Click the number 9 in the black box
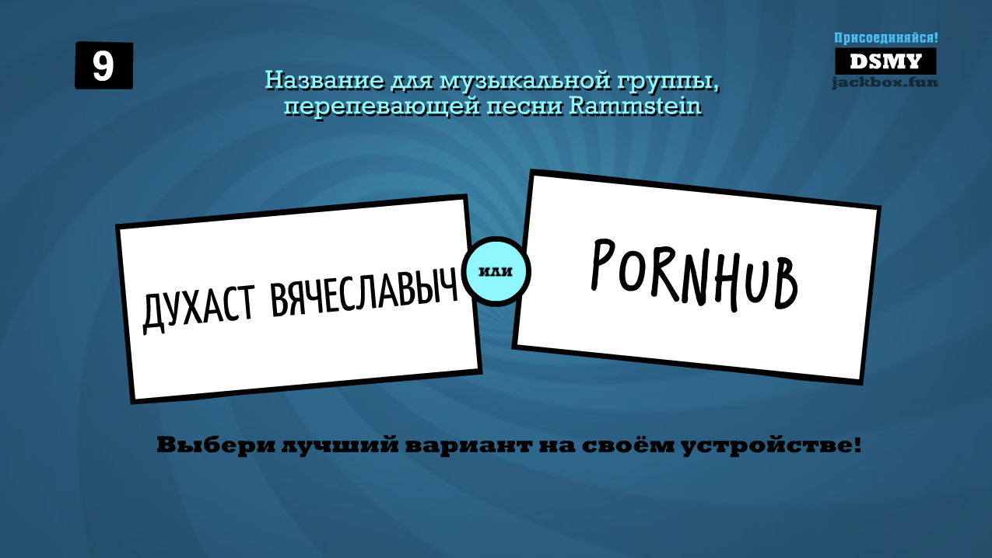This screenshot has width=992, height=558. pos(103,66)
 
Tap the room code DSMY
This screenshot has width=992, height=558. pos(885,61)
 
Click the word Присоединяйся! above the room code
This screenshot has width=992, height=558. pos(885,38)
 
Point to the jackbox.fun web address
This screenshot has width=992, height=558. pos(885,82)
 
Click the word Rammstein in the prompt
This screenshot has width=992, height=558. pos(636,106)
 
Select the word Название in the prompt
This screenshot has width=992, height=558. pos(324,81)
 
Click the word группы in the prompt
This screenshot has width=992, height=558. pos(664,82)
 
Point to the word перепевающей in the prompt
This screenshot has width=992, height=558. pos(382,107)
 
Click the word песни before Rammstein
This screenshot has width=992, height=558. pos(524,106)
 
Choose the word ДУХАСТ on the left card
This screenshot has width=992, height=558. pos(198,309)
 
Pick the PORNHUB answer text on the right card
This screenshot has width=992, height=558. pos(694,275)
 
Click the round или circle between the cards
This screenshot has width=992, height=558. pos(496,271)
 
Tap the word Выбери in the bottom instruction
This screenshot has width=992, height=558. pos(216,445)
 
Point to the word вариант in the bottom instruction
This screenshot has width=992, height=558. pos(468,446)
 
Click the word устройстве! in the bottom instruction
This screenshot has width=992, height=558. pos(771,446)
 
